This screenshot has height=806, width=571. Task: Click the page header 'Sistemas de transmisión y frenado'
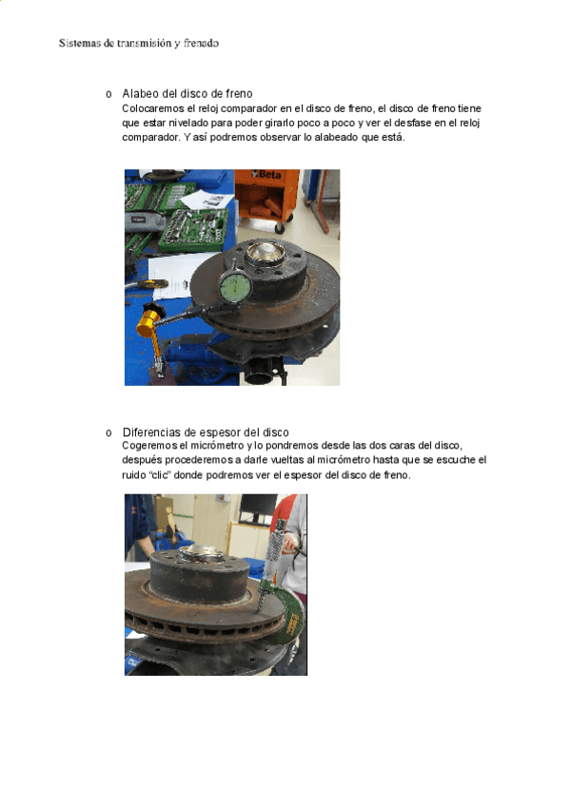click(x=139, y=43)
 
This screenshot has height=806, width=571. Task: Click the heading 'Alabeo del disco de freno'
click(x=187, y=93)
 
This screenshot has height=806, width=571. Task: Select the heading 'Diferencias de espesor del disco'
click(x=206, y=432)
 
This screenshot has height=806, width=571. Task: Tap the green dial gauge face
click(x=235, y=287)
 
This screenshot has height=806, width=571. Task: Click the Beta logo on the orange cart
click(x=267, y=174)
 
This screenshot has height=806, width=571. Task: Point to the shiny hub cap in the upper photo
click(x=265, y=254)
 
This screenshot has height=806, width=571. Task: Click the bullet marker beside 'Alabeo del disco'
click(x=108, y=95)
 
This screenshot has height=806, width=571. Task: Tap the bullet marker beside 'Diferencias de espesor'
click(x=108, y=433)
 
